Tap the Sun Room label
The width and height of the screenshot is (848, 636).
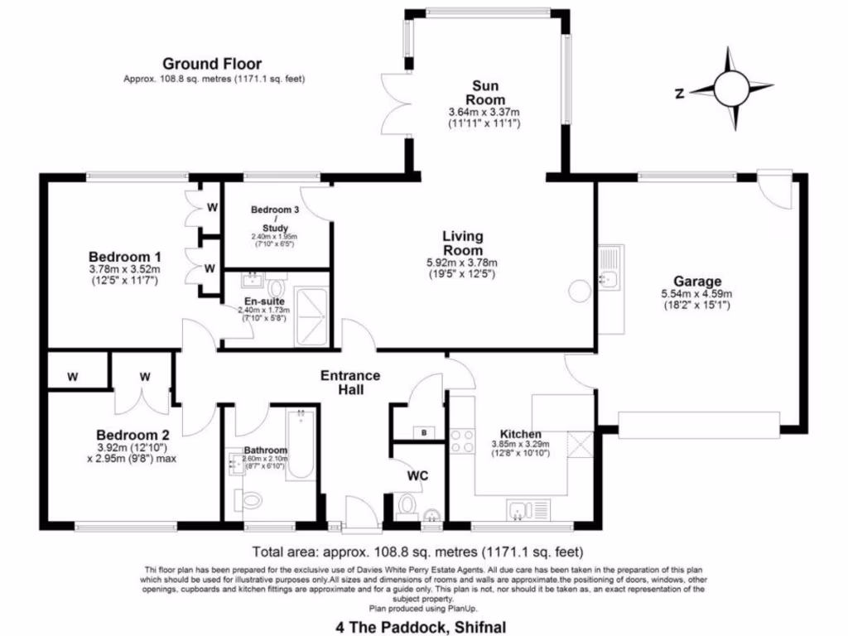pyautogui.click(x=484, y=92)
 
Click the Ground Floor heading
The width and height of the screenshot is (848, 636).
pyautogui.click(x=212, y=64)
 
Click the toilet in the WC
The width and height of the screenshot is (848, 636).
pyautogui.click(x=407, y=503)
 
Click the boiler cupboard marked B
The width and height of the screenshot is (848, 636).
pyautogui.click(x=423, y=432)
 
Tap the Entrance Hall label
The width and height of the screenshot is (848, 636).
pyautogui.click(x=351, y=383)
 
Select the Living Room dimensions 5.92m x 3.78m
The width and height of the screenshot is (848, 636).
pyautogui.click(x=463, y=263)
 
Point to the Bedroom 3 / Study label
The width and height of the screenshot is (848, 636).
pyautogui.click(x=273, y=219)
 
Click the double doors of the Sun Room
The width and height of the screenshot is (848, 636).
pyautogui.click(x=395, y=104)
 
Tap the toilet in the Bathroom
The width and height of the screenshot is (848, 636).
pyautogui.click(x=248, y=499)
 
